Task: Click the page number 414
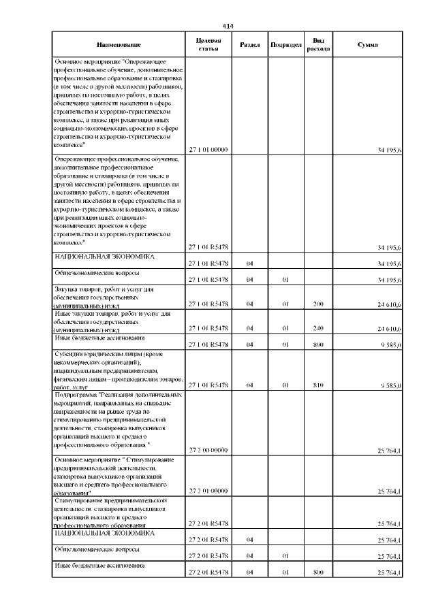[228, 26]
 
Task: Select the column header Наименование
[119, 45]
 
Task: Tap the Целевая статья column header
[208, 45]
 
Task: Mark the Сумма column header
[368, 45]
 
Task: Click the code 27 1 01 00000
[208, 150]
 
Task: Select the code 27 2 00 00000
[208, 451]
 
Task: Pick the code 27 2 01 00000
[208, 491]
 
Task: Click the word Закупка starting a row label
[68, 289]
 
